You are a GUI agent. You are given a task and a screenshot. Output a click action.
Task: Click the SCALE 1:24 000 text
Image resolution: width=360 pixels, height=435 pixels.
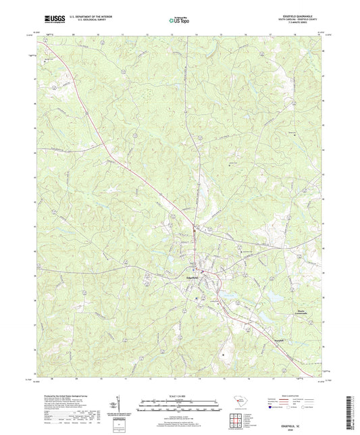pyautogui.click(x=180, y=396)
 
